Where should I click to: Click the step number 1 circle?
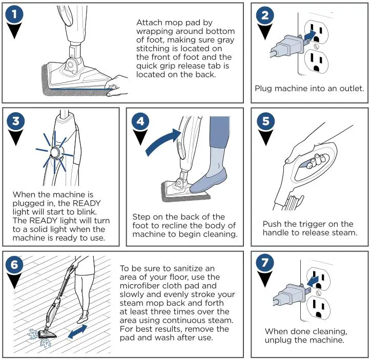tap(14, 14)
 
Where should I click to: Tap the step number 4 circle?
tap(140, 121)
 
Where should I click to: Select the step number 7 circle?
tap(265, 262)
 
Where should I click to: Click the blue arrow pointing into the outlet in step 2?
tap(310, 35)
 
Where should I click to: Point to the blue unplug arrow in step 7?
tap(312, 281)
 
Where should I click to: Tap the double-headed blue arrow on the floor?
tap(77, 332)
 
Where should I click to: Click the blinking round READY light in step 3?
tap(55, 152)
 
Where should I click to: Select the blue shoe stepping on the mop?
tap(208, 180)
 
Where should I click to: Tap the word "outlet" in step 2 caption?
tap(352, 89)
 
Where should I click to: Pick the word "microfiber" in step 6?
tap(139, 286)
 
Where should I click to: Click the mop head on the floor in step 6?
tap(47, 333)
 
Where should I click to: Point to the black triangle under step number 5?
tap(265, 138)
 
